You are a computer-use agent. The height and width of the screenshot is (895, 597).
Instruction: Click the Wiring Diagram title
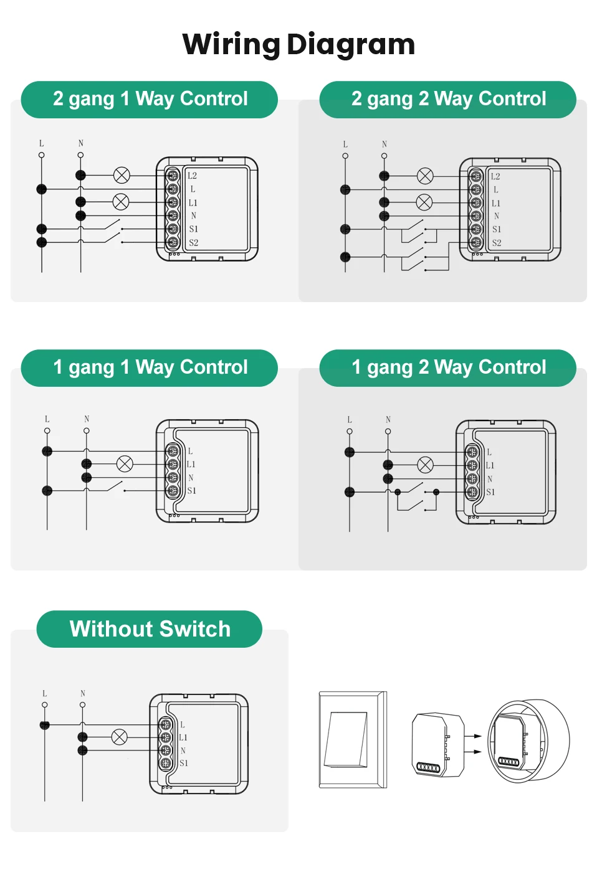[x=298, y=45]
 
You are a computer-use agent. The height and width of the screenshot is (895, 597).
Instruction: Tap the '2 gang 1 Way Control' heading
[x=150, y=99]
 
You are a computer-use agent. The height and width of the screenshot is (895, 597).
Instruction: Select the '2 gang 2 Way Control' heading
[x=449, y=99]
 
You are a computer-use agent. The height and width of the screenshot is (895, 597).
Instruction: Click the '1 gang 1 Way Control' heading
[x=150, y=367]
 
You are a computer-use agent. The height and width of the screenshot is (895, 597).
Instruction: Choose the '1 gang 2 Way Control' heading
[x=449, y=367]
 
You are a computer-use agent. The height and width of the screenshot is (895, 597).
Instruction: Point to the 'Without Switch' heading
[x=150, y=628]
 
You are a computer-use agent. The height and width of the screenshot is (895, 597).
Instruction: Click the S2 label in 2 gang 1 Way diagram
[x=194, y=242]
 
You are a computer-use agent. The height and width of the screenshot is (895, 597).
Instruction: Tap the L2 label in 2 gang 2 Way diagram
[x=495, y=176]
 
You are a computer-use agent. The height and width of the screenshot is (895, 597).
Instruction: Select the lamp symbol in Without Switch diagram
[x=119, y=737]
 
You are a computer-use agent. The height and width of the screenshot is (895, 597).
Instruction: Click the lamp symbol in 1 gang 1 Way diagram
[x=125, y=464]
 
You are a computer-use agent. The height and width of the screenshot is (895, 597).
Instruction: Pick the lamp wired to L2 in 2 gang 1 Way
[x=122, y=175]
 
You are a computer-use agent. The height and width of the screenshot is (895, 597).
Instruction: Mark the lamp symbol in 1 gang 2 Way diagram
[x=425, y=465]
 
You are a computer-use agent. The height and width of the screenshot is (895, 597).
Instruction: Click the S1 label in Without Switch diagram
[x=184, y=763]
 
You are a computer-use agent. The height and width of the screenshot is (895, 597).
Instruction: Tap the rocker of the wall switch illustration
[x=345, y=739]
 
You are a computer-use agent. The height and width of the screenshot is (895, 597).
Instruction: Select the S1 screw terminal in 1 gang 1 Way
[x=173, y=490]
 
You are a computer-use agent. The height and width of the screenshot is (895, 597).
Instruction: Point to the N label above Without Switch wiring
[x=83, y=693]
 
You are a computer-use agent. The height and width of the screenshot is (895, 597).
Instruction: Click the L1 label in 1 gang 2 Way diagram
[x=490, y=465]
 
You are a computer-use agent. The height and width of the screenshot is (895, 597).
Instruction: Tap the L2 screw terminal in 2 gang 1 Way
[x=173, y=175]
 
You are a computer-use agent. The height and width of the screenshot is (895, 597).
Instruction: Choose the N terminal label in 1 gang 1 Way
[x=191, y=478]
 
